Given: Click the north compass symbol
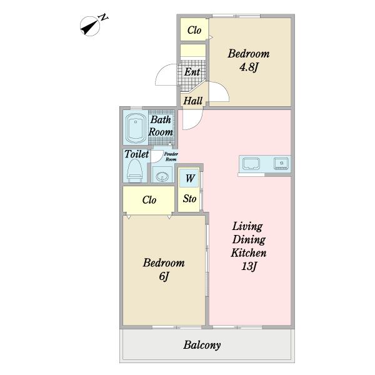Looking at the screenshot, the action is tap(90, 26).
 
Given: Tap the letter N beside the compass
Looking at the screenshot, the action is tap(103, 17).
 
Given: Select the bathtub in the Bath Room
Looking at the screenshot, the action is tap(136, 127).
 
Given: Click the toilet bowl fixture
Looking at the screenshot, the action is tap(134, 171).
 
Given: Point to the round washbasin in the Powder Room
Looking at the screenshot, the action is tap(162, 176).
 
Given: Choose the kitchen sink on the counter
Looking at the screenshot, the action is tap(251, 164).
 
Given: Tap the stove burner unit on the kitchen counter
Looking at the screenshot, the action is tap(281, 164).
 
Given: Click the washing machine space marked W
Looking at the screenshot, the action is tap(189, 178).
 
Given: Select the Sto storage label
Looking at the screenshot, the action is tap(189, 199).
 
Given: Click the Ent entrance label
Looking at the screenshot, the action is tap(192, 72).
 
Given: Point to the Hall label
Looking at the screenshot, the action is tap(192, 101).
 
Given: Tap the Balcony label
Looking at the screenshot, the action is tap(202, 345).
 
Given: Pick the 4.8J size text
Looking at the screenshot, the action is tap(249, 67).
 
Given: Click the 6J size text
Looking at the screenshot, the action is tap(164, 276).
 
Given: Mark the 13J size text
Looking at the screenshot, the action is tap(249, 266).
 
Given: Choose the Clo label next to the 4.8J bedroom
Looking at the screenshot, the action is tap(194, 30).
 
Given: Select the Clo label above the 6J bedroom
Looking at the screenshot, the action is tap(149, 200).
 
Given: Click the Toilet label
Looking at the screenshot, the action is tap(136, 154).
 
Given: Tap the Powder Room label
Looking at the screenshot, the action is tap(171, 157).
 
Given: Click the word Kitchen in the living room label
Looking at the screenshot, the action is tap(249, 252).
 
